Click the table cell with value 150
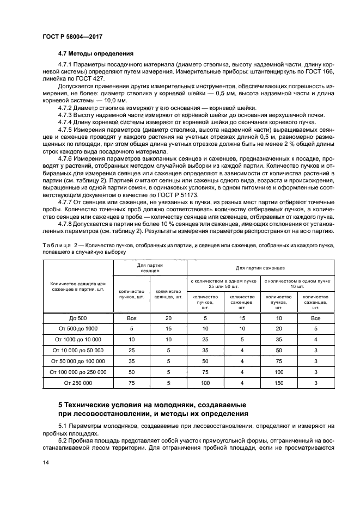[x=279, y=384]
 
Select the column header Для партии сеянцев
[x=150, y=267]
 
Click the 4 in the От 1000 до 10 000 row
[x=315, y=339]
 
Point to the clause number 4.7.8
[x=68, y=223]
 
